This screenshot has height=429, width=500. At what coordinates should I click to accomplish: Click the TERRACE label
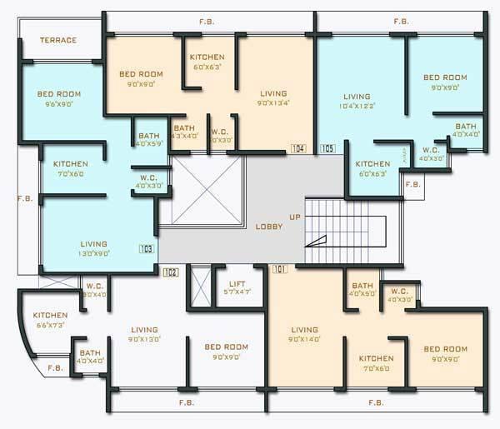coord(58,40)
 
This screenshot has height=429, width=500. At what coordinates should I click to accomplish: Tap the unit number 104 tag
coord(298,148)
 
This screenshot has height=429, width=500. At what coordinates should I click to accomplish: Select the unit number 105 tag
coord(327,148)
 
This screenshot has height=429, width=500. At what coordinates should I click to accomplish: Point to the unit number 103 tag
coord(147,248)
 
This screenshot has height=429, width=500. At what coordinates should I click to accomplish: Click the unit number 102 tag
coord(171,272)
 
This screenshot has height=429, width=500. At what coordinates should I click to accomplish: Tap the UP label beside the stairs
coord(295,217)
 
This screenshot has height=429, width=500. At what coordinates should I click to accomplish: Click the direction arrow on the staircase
coord(317,242)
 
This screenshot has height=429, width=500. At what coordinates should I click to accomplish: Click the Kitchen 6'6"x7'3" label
coord(50,320)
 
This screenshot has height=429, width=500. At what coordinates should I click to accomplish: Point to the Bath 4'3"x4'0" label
coord(184,132)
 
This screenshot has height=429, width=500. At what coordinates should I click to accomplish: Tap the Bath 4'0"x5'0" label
coord(362,290)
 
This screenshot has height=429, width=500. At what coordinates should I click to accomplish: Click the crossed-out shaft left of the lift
coord(200,287)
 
